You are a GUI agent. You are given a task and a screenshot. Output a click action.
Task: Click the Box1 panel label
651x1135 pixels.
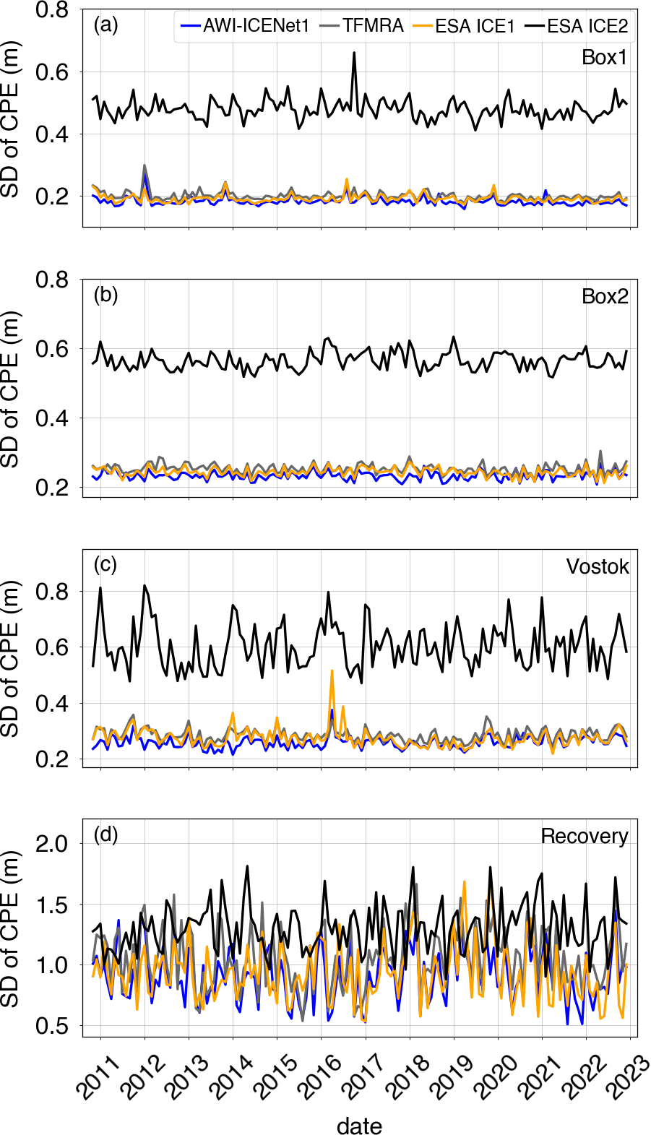605,58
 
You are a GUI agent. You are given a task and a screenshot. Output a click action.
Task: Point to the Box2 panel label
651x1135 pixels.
605,297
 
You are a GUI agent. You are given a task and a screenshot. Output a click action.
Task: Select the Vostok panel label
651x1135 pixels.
598,566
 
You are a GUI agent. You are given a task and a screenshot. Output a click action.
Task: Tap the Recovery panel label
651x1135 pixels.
585,836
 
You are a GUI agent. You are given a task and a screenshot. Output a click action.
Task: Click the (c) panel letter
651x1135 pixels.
105,564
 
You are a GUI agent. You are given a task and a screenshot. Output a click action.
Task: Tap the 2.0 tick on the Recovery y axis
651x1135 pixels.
51,843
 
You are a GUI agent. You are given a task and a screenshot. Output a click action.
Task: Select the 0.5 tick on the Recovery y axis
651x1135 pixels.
51,1026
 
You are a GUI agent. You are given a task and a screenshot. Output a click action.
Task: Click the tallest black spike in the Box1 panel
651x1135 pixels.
354,53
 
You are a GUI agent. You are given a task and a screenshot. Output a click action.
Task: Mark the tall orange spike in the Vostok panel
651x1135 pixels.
332,671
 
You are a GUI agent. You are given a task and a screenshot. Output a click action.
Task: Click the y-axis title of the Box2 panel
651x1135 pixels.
10,390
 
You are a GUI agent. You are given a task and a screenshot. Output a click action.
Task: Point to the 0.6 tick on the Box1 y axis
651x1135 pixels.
51,72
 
